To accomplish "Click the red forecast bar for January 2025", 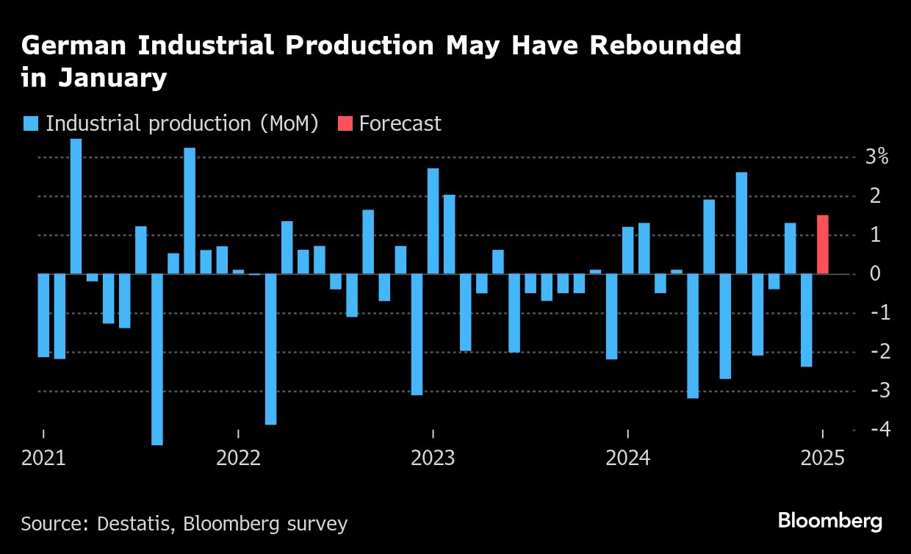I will (822, 245).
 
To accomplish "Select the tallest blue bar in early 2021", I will (76, 206).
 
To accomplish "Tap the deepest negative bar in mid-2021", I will (157, 359).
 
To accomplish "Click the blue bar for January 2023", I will (433, 221).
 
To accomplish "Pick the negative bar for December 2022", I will (417, 334).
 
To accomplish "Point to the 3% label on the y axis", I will (876, 157).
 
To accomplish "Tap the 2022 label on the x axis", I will (239, 458).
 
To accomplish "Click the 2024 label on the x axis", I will (627, 458).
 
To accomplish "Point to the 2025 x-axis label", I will (822, 458).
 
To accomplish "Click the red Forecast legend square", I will (345, 123).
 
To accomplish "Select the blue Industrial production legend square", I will (31, 123).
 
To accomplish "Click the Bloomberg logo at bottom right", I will (829, 521).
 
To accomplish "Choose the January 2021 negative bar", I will (43, 315).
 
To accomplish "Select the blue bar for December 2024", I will (806, 320).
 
